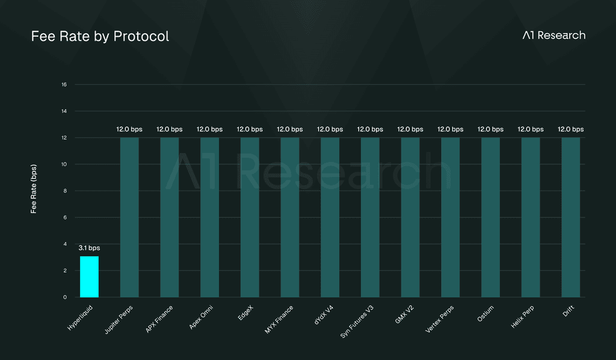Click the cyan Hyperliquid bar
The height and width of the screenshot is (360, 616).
(x=89, y=277)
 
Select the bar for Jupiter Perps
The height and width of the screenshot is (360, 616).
(x=129, y=217)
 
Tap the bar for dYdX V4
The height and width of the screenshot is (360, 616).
(x=330, y=217)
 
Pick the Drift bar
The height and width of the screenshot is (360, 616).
(x=571, y=217)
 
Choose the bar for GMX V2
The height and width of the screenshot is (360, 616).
(x=410, y=217)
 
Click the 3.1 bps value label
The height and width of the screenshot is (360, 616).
(x=89, y=248)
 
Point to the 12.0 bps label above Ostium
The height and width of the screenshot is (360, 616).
(x=491, y=129)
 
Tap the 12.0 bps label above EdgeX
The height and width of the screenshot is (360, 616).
(x=250, y=129)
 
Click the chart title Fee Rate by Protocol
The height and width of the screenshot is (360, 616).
(x=100, y=36)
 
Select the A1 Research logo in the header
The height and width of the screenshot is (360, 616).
(x=554, y=36)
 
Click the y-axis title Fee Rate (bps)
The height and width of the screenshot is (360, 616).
(x=34, y=189)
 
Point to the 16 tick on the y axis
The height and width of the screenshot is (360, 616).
(x=64, y=84)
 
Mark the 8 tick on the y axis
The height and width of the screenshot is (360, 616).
(x=65, y=191)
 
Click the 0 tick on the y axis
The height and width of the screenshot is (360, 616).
(x=65, y=297)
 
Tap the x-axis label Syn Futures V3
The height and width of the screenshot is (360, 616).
(x=357, y=321)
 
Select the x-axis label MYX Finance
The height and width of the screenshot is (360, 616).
(x=279, y=320)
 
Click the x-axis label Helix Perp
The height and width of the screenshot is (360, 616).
(x=523, y=317)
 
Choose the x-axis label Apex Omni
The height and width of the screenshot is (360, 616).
(x=201, y=317)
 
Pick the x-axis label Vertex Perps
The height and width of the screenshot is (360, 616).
(x=440, y=319)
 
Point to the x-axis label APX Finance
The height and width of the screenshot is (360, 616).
(x=159, y=319)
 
